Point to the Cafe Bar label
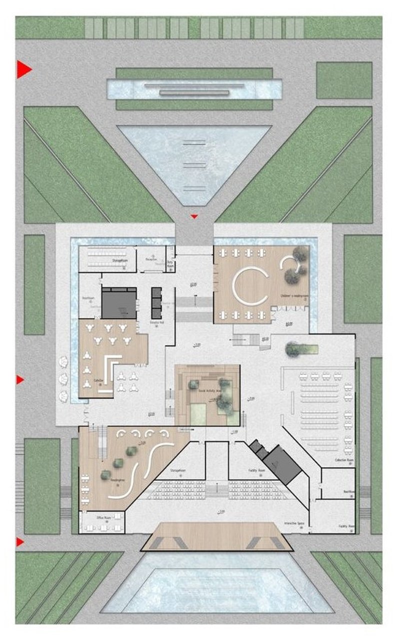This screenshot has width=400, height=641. (x=98, y=381)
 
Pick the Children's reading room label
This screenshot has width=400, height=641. (x=293, y=297)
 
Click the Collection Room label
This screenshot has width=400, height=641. (x=344, y=460)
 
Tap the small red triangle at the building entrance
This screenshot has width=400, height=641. (x=195, y=217)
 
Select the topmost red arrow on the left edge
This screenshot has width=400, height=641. (x=23, y=69)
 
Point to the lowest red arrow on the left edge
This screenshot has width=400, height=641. (x=20, y=542)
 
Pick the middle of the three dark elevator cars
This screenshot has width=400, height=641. (x=156, y=302)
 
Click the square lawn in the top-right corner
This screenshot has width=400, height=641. (x=344, y=80)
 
